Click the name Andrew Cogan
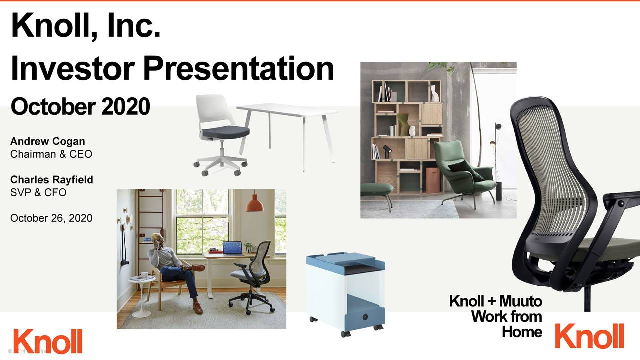point(48,142)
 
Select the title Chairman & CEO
point(51,154)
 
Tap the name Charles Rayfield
point(52,179)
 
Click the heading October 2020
point(80,106)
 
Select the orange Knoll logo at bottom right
point(589,336)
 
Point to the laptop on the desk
point(232,248)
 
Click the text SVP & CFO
point(38,192)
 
